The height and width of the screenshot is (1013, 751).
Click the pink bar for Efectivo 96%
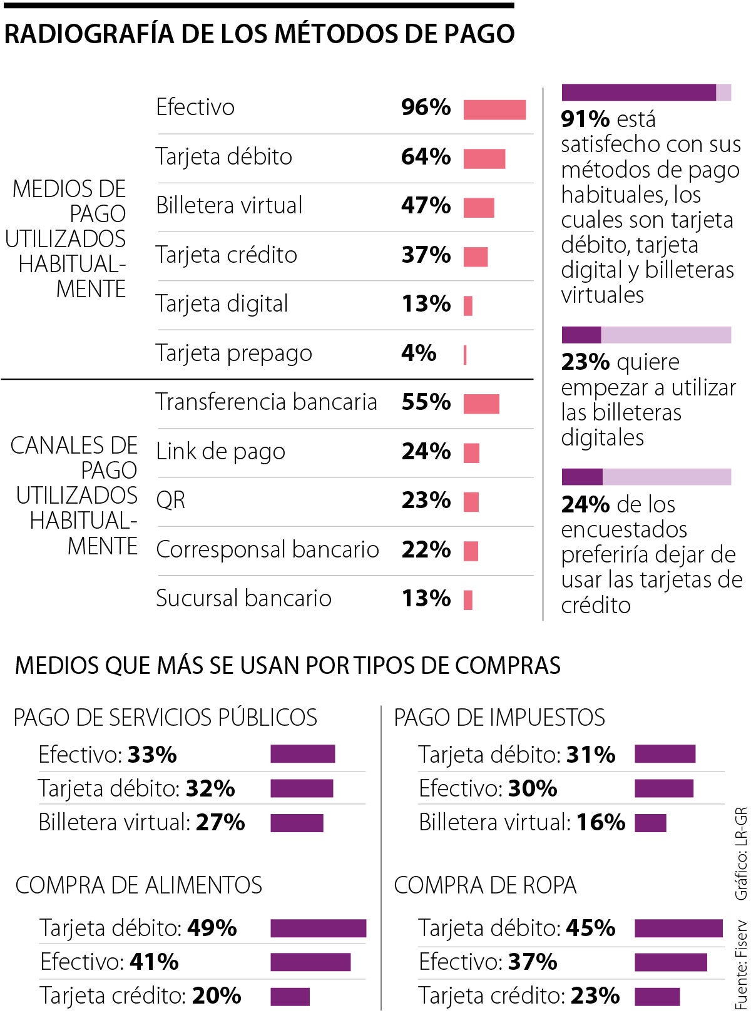[x=494, y=109]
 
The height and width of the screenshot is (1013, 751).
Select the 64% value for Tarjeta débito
[x=426, y=156]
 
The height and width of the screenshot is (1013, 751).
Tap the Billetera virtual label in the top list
[x=229, y=206]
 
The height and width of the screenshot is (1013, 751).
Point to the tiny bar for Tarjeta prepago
[x=465, y=355]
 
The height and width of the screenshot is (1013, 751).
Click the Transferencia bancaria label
[x=266, y=402]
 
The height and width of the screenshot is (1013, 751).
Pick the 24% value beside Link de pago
[x=426, y=451]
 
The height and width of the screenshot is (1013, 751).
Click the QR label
[x=170, y=501]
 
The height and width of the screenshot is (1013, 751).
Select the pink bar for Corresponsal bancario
[x=471, y=551]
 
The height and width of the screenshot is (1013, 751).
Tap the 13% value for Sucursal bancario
[x=426, y=599]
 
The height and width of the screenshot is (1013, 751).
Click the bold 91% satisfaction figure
[x=585, y=119]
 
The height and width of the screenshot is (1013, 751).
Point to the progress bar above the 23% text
[x=646, y=335]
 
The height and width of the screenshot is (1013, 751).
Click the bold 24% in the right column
[x=585, y=504]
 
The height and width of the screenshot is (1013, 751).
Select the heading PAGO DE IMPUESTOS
[x=499, y=717]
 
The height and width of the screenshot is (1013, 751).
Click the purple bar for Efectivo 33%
[x=302, y=754]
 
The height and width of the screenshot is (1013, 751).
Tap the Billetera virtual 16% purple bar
[x=650, y=823]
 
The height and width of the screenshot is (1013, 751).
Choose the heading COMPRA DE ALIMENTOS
[x=138, y=885]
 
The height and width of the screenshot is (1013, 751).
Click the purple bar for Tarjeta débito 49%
[x=318, y=928]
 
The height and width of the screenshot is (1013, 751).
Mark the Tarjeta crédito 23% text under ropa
[x=519, y=995]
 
